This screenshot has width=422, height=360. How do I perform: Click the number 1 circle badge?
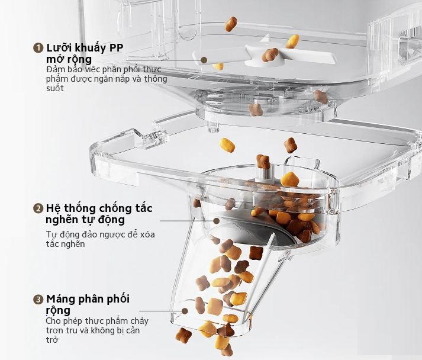[x=38, y=48]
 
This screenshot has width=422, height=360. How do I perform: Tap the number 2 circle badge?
[x=38, y=208]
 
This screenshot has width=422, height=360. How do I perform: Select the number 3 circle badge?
[x=38, y=300]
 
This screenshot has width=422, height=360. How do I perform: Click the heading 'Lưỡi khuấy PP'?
[x=85, y=48]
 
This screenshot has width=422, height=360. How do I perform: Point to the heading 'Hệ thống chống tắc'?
[x=99, y=208]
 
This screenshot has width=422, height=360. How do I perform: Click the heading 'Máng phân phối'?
[x=88, y=299]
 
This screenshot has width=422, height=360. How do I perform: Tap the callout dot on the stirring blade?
[x=204, y=60]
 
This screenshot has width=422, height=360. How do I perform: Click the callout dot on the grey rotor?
[x=217, y=221]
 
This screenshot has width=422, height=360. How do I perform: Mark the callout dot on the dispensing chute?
[x=185, y=311]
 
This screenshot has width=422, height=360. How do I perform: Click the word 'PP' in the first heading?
[x=116, y=48]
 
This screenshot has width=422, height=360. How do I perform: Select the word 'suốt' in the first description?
[x=55, y=88]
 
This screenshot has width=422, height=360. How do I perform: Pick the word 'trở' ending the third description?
[x=52, y=340]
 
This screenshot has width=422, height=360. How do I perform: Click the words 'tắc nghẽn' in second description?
[x=65, y=244]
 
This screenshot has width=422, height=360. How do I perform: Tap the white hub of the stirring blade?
[x=265, y=54]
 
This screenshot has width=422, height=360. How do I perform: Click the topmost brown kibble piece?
[x=231, y=24]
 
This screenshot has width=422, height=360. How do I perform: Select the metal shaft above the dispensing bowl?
[x=265, y=172]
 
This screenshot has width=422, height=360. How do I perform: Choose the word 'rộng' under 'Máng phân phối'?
[x=58, y=310]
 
